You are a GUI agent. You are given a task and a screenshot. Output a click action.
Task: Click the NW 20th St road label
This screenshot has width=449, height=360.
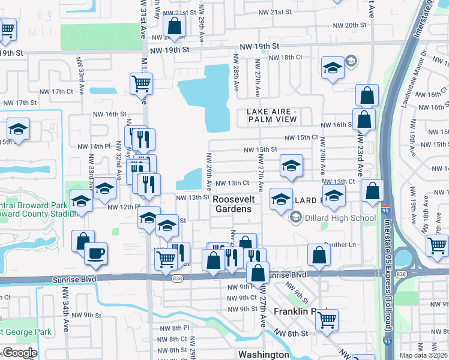pos(352,25)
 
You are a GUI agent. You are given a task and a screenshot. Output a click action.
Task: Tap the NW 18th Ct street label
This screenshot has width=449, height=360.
pos(285,57)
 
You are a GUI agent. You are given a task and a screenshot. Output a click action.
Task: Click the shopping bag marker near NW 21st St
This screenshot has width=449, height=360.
pos(174,26)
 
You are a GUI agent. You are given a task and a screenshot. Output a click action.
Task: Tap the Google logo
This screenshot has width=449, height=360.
pos(19,353)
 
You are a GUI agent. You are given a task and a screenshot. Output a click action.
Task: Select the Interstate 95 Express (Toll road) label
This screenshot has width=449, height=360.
pos(388,282)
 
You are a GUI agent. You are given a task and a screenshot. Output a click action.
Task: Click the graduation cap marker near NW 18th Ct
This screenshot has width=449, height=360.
pos(332,68)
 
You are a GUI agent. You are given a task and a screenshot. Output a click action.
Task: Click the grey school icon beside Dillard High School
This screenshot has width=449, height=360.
pos(295,217)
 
